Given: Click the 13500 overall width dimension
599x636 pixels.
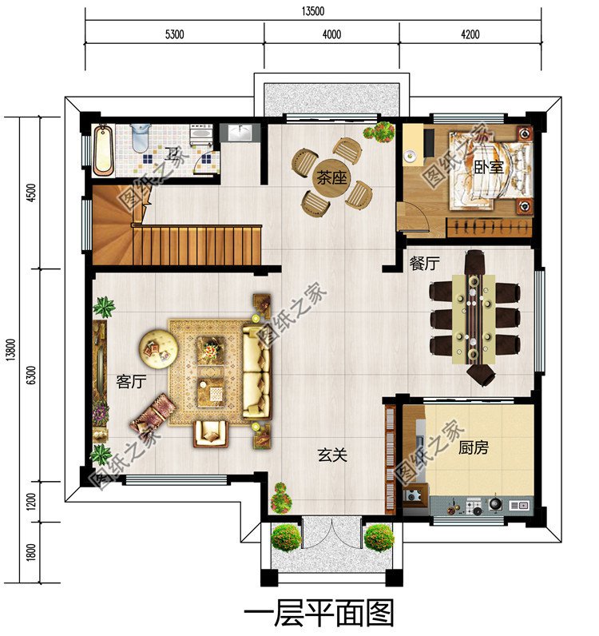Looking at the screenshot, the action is (x=313, y=11).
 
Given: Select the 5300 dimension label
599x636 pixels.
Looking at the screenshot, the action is (x=174, y=34).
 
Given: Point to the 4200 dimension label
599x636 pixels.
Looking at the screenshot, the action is (x=470, y=34).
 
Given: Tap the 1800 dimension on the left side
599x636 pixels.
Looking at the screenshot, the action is (x=32, y=552).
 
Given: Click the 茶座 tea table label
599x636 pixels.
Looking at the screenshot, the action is (x=331, y=177).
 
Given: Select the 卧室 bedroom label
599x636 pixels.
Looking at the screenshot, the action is (x=489, y=167).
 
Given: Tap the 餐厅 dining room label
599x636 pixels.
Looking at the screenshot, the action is (x=424, y=264).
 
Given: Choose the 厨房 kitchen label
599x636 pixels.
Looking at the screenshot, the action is (x=474, y=447).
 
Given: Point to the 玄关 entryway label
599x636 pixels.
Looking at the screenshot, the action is (x=332, y=455).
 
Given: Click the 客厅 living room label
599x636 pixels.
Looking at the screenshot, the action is (x=131, y=381).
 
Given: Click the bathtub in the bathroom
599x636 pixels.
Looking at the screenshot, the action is (x=103, y=150).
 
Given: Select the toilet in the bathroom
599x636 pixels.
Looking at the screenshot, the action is (x=141, y=138).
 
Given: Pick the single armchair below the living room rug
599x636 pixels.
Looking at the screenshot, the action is (x=211, y=433).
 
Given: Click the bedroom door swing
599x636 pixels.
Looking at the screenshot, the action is (x=415, y=217).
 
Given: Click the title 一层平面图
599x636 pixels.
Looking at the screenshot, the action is (x=319, y=614).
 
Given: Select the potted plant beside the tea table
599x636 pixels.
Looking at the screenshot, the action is (x=379, y=131).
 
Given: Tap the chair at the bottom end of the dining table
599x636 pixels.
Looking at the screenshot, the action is (x=481, y=373).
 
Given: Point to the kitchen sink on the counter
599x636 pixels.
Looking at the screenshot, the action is (x=518, y=506).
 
